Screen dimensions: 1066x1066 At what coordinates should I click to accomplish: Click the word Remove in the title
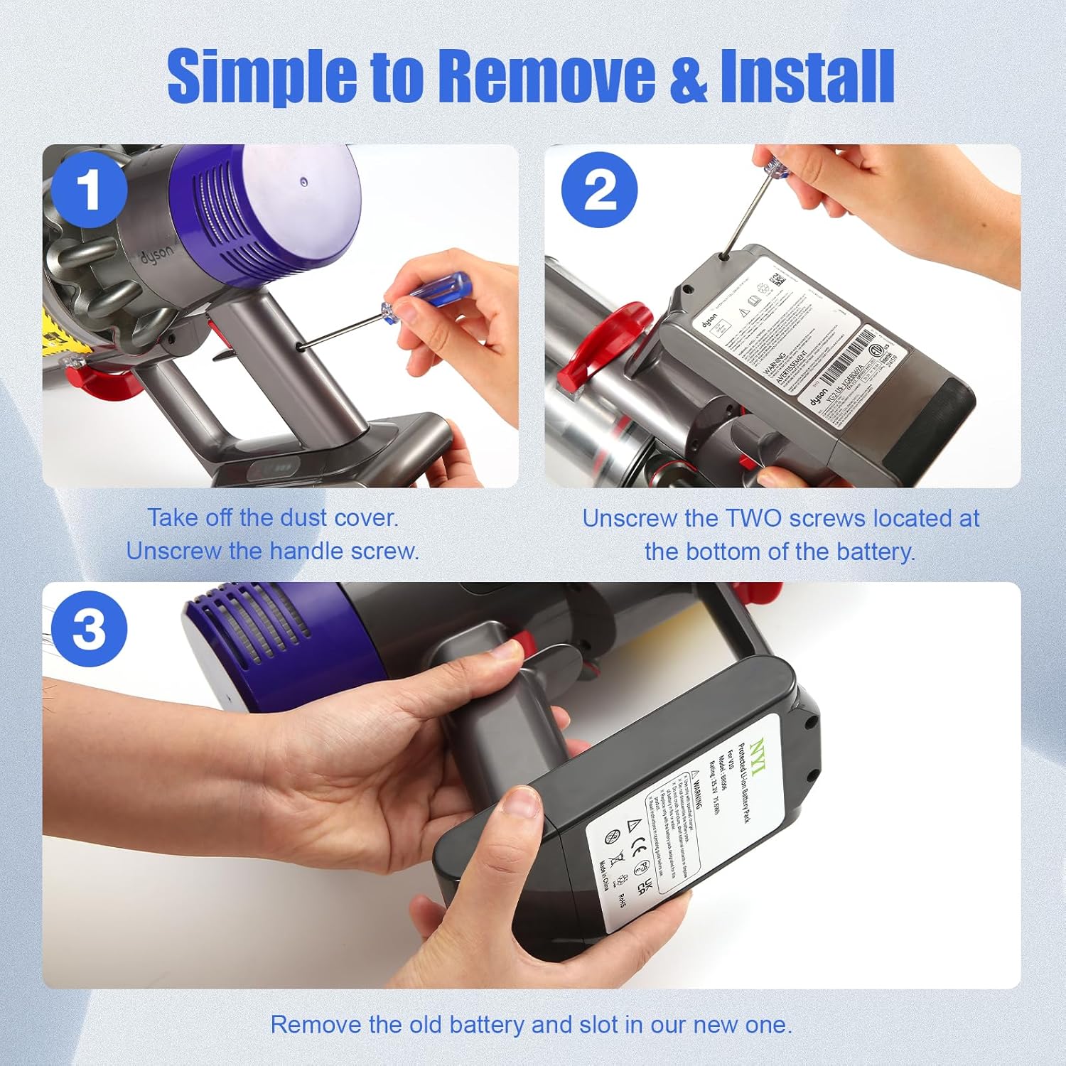coord(546,75)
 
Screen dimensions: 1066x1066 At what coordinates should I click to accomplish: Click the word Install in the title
coord(807,75)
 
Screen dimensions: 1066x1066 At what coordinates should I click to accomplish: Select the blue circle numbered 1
coord(89,190)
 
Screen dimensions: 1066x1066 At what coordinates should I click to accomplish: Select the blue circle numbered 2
coord(599,190)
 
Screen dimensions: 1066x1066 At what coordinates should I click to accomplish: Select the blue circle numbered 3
coord(89,628)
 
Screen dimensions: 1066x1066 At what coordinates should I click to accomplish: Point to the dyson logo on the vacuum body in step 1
coord(155,254)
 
